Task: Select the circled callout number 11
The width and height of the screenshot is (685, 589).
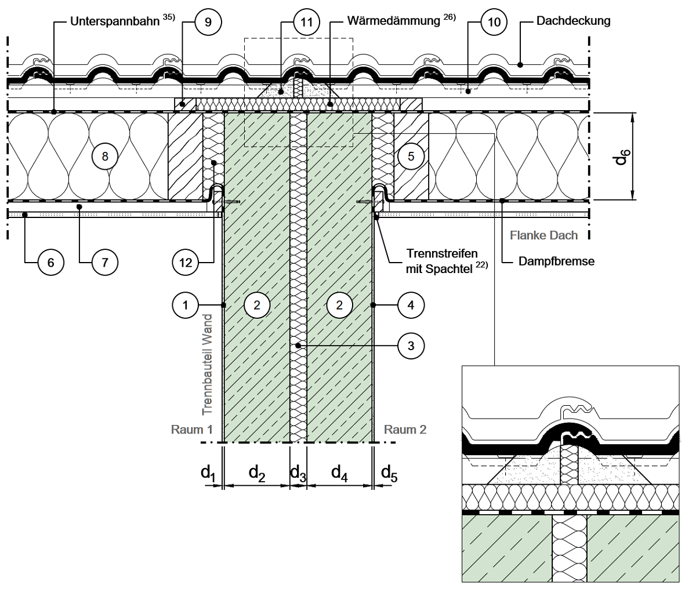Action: (307, 23)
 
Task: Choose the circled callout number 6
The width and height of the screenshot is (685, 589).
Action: (50, 263)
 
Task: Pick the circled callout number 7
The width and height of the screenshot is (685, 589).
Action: (104, 263)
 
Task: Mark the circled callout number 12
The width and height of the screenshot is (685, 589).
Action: (186, 263)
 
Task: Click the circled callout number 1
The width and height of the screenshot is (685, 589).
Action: (186, 304)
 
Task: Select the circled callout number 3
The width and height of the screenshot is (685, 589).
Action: (411, 346)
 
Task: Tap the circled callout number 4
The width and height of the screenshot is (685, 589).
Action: (411, 304)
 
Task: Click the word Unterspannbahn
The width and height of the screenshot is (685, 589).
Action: (115, 21)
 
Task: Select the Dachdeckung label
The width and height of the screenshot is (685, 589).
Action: (573, 21)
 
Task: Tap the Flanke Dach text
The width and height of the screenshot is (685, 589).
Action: (544, 235)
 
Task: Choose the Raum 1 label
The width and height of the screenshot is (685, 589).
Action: (192, 430)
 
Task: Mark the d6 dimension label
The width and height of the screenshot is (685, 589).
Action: (621, 155)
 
